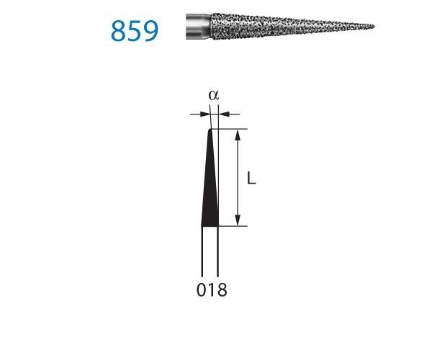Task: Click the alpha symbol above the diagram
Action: (212, 96)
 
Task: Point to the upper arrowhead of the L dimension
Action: (237, 134)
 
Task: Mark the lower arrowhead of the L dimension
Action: (237, 221)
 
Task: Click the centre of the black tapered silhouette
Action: (211, 187)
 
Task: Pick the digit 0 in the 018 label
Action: (201, 291)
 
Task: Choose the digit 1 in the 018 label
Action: (211, 291)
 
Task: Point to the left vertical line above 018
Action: (202, 252)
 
